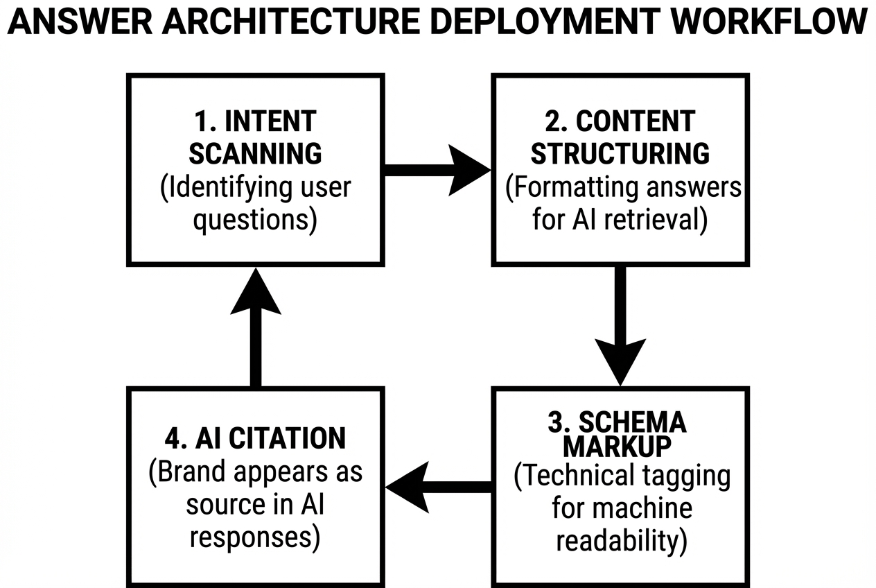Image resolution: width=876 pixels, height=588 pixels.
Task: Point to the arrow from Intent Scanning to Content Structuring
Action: click(x=437, y=170)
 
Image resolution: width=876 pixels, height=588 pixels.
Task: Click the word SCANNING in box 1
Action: click(x=255, y=154)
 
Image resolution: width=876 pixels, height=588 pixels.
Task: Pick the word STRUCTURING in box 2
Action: click(x=620, y=154)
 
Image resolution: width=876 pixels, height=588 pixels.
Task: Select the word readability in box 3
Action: click(x=622, y=541)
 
